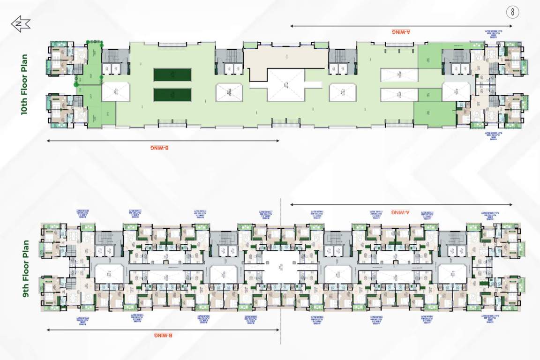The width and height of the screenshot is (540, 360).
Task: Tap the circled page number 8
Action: coord(513,13)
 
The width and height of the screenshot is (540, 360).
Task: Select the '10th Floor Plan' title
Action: coord(24,85)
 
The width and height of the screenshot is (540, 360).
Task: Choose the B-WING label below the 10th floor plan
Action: coord(160,147)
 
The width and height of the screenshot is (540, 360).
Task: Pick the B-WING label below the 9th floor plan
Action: coord(163,336)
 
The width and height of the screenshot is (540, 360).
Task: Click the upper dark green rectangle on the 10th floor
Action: coord(172,75)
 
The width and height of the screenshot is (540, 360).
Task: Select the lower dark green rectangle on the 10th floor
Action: coord(172,95)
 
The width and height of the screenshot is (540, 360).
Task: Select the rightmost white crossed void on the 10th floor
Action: coord(456,91)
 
